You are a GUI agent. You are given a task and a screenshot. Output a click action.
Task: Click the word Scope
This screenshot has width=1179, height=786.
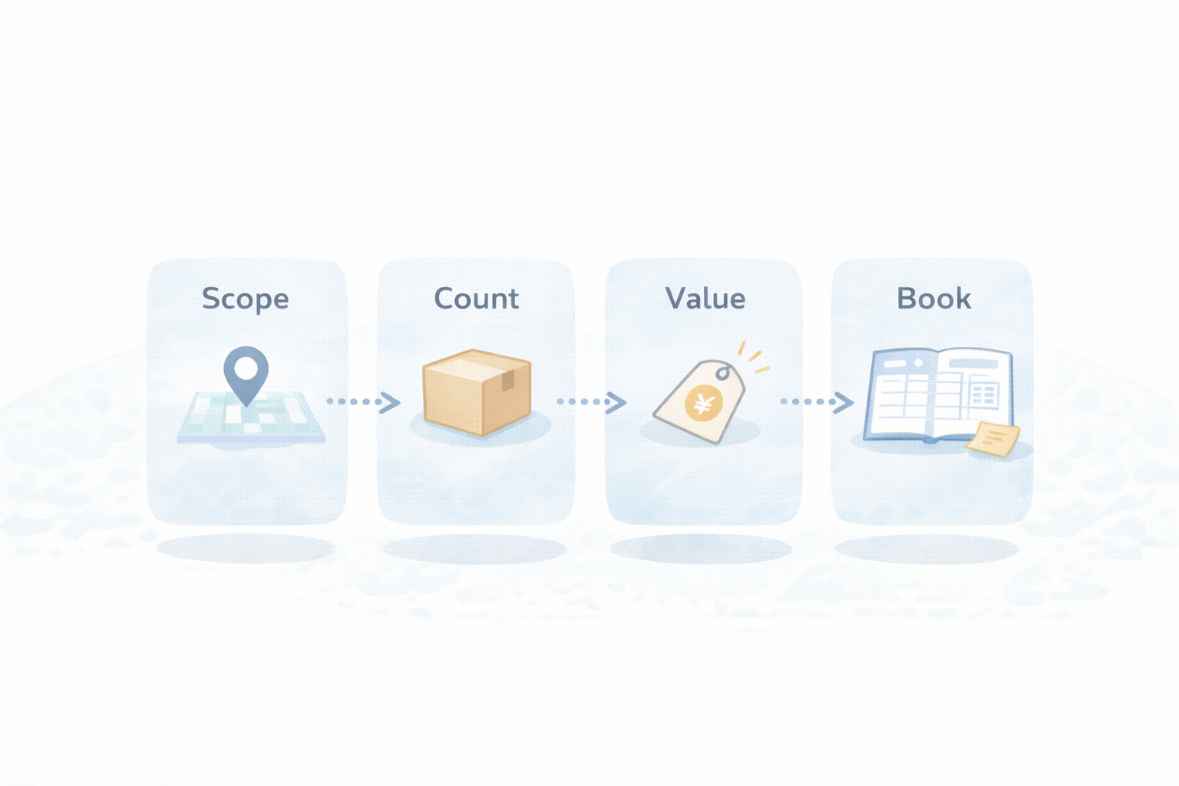click(245, 299)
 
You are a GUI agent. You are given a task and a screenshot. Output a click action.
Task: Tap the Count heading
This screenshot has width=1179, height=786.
click(476, 299)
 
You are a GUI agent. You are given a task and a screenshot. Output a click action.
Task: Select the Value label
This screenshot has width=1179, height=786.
click(705, 299)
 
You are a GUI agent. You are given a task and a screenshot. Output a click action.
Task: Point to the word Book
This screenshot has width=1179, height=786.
click(933, 299)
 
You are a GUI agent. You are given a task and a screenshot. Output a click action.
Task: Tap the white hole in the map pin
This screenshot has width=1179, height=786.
click(246, 368)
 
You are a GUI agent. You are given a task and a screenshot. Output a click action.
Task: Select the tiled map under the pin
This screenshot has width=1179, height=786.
click(251, 420)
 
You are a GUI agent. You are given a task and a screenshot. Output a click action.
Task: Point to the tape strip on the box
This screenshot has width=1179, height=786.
click(507, 379)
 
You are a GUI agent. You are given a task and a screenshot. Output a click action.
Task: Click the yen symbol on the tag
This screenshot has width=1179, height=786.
click(703, 403)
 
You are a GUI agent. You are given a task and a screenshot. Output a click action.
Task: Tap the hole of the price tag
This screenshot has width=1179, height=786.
click(723, 373)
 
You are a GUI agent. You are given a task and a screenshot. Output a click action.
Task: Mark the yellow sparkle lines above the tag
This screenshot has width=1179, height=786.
click(753, 357)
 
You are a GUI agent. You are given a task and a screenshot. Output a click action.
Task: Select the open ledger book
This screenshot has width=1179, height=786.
click(936, 395)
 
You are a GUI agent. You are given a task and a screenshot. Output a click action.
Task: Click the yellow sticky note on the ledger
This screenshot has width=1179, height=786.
click(993, 439)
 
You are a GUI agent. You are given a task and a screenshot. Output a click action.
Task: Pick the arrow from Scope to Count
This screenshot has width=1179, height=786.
click(362, 401)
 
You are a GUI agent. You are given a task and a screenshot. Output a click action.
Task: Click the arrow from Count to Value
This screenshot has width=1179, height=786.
click(591, 401)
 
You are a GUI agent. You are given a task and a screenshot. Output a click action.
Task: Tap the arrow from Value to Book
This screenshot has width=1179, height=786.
click(817, 401)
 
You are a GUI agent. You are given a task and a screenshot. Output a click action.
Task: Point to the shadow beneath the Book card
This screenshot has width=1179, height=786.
click(926, 550)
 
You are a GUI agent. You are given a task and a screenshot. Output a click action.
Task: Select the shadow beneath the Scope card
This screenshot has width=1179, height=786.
click(246, 549)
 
